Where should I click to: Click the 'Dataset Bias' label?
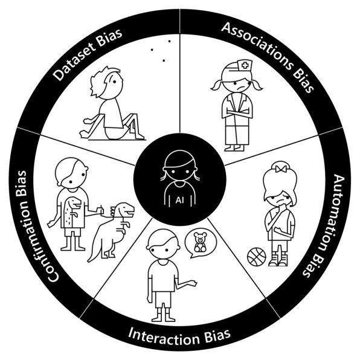[x=88, y=54]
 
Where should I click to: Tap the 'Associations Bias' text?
[x=269, y=54]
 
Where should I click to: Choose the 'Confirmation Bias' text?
[x=37, y=226]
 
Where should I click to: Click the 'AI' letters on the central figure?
[x=179, y=200]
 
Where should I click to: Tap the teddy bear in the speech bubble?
[x=200, y=242]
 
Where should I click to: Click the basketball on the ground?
[x=257, y=257]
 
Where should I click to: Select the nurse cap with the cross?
[x=245, y=66]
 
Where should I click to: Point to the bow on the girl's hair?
[x=281, y=169]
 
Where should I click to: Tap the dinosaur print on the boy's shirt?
[x=72, y=211]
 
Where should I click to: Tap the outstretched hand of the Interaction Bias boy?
[x=192, y=283]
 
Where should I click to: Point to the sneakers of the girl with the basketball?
[x=278, y=260]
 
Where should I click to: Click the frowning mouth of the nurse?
[x=240, y=88]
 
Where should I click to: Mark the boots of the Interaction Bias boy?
[x=164, y=315]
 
